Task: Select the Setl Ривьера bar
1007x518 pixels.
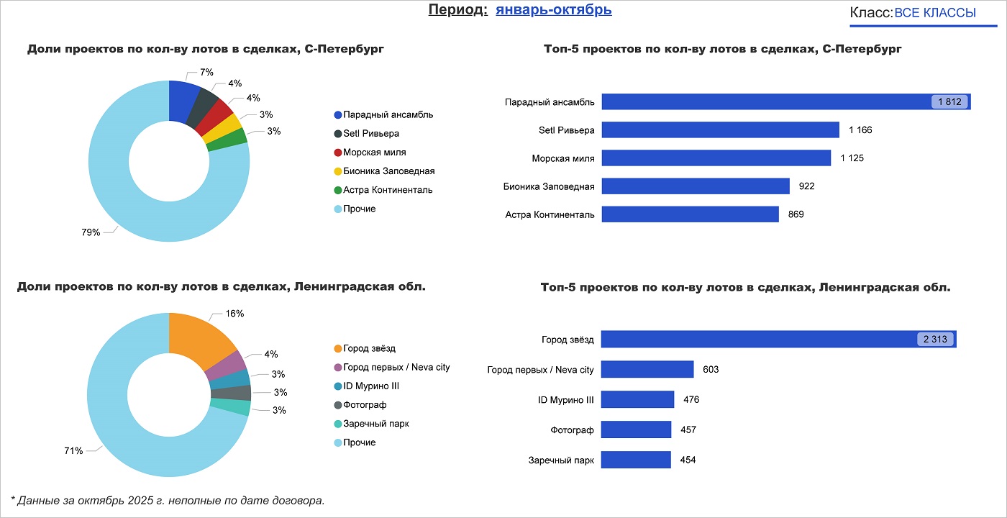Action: [x=720, y=130]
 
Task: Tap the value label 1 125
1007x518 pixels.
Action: [x=852, y=158]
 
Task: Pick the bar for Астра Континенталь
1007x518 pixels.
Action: [x=690, y=214]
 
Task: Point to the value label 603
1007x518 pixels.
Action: [x=711, y=370]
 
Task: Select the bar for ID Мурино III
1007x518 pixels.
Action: [x=637, y=399]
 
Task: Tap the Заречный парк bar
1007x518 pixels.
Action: [x=636, y=460]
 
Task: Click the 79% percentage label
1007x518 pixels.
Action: [x=91, y=232]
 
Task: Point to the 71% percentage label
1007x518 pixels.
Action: [x=73, y=451]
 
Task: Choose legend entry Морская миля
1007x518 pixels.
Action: [x=374, y=153]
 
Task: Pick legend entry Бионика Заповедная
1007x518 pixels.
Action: [x=388, y=171]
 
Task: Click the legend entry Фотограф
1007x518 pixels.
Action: [x=365, y=405]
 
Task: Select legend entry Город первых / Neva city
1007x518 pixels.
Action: [x=396, y=367]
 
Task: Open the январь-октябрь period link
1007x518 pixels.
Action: [x=553, y=10]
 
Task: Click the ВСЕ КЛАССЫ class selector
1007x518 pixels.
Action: [x=934, y=13]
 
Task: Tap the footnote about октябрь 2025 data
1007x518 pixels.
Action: [x=168, y=500]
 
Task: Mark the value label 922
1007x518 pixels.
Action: [x=806, y=186]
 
